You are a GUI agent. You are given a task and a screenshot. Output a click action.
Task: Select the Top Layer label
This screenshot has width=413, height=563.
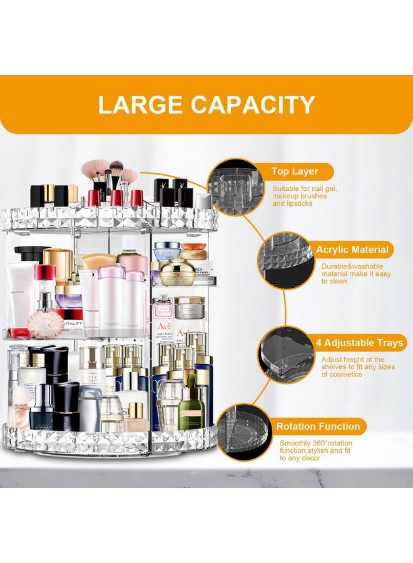[294, 171]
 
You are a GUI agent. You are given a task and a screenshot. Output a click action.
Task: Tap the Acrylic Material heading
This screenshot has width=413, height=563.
[352, 250]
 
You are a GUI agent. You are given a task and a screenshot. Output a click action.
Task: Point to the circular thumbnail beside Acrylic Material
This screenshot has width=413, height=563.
[285, 263]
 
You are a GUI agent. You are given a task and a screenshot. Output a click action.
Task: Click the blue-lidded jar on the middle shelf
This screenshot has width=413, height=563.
[167, 251]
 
